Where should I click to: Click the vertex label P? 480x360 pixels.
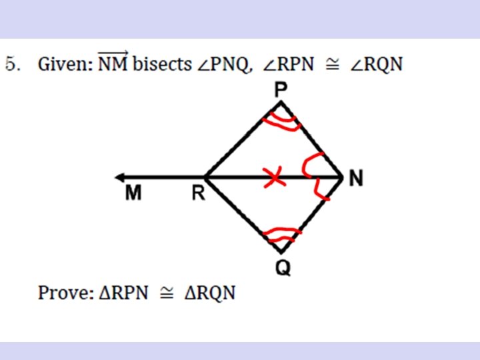[x=281, y=89]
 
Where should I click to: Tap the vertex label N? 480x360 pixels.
[x=356, y=178]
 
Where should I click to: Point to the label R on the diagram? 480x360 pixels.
[x=198, y=193]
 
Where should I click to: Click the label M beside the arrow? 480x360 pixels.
[x=134, y=193]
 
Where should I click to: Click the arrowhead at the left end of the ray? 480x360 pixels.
[x=119, y=177]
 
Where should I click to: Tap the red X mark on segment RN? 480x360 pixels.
[x=273, y=178]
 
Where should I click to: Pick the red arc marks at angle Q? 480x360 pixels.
[x=281, y=233]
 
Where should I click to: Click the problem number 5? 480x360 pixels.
[x=11, y=65]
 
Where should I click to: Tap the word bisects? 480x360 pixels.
[x=162, y=65]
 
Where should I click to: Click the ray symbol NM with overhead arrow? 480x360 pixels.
[x=114, y=63]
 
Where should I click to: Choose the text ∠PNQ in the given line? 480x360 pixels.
[x=223, y=65]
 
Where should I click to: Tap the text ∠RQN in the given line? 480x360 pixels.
[x=377, y=65]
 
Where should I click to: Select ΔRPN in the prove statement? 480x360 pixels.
[x=123, y=293]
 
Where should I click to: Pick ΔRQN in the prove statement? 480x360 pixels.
[x=209, y=293]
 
